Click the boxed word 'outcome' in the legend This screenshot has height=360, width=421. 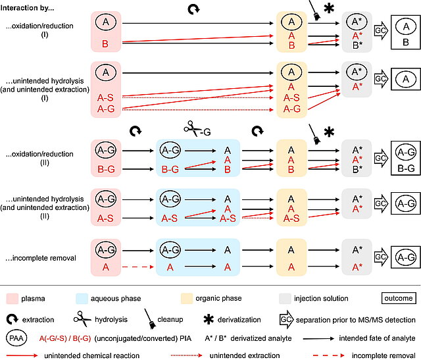[x=397, y=297]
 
